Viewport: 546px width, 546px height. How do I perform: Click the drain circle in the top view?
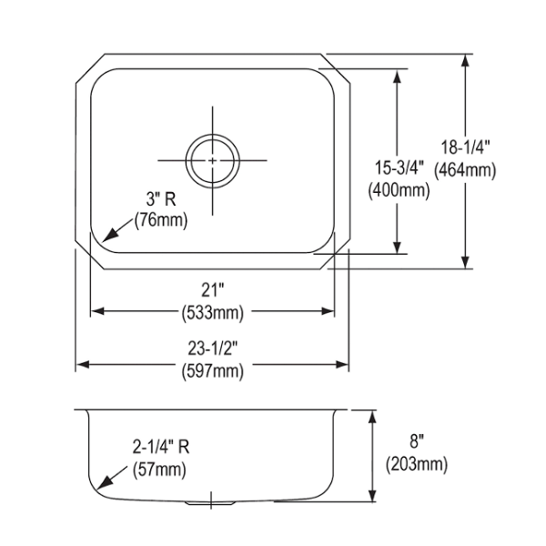[213, 135]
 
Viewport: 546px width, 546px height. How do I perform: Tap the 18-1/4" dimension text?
[466, 147]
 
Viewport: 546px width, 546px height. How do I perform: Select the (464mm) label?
[465, 170]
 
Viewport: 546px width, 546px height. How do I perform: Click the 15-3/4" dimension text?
[399, 167]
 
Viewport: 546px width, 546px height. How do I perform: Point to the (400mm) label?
[399, 190]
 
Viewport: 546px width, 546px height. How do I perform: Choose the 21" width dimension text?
[212, 289]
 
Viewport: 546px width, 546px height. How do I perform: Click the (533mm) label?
[212, 312]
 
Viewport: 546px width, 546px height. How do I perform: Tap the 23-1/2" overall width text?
[212, 349]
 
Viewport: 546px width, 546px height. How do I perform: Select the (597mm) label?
[212, 371]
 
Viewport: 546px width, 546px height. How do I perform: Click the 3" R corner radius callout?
[161, 199]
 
